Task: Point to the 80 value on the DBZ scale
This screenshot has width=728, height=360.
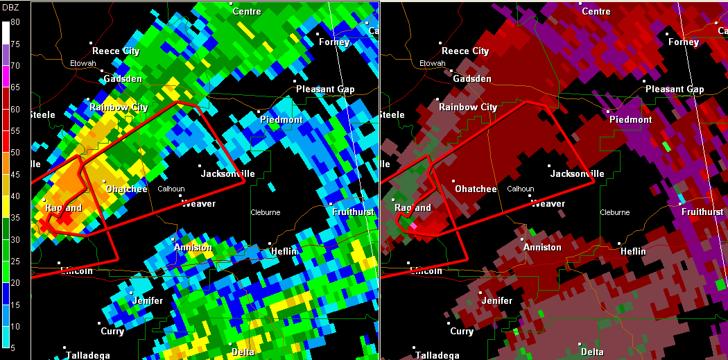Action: point(15,22)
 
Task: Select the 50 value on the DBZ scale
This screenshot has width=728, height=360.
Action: point(15,152)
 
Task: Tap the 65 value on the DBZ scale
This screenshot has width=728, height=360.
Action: point(15,87)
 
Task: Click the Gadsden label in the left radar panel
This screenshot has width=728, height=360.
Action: point(123,78)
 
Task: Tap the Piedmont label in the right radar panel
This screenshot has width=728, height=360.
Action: point(630,119)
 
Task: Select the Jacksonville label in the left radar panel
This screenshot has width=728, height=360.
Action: point(228,173)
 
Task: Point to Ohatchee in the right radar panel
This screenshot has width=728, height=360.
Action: point(476,189)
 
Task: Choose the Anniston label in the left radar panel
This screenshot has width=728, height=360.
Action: point(193,247)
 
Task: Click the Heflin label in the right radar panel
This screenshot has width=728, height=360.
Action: point(633,251)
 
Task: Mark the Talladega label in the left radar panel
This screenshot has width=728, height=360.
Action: point(88,355)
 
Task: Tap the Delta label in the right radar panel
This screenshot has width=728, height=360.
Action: point(592,352)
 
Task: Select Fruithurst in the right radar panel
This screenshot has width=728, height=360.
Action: point(702,212)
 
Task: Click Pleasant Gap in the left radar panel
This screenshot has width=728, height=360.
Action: point(325,89)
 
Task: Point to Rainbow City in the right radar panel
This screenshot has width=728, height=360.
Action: point(468,107)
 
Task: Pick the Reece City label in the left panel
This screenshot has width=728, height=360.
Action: point(116,51)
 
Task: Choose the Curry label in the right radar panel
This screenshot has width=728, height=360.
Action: point(462,331)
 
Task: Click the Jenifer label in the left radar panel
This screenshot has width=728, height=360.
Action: point(147,300)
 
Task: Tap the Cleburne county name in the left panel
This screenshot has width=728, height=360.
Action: point(265,212)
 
